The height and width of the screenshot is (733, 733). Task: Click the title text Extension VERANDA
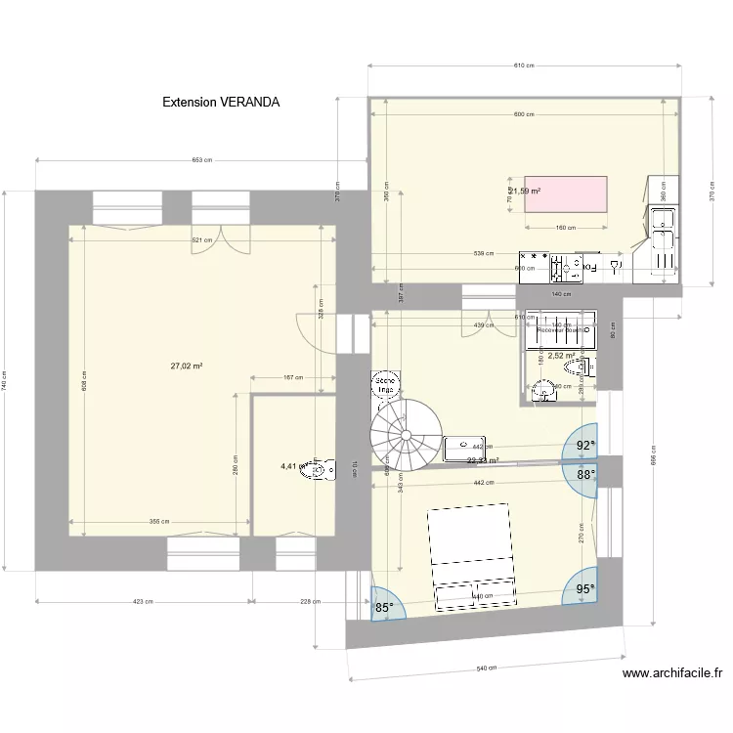[x=221, y=102]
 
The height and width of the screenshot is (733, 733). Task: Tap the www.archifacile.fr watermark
[x=671, y=672]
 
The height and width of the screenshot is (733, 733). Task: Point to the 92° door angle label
[x=584, y=446]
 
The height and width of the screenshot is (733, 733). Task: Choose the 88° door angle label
[x=584, y=475]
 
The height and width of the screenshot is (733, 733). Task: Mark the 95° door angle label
[x=584, y=589]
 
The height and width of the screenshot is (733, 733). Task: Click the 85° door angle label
[x=384, y=607]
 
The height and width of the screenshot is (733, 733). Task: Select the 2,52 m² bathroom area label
[x=561, y=356]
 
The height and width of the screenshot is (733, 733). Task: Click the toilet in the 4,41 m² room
[x=315, y=470]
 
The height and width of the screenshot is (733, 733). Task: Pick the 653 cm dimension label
[x=202, y=160]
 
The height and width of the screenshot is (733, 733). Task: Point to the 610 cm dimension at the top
[x=524, y=65]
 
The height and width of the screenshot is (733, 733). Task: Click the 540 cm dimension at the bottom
[x=486, y=668]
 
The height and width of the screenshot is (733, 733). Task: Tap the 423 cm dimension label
[x=144, y=601]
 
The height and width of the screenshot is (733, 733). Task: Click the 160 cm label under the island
[x=566, y=229]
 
